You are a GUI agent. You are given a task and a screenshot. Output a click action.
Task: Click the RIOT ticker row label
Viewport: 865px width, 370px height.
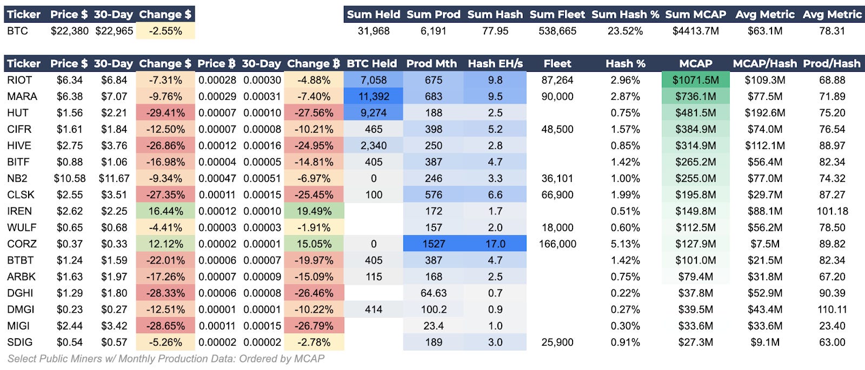click(19, 80)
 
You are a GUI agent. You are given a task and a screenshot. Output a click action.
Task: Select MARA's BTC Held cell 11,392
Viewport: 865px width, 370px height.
click(373, 97)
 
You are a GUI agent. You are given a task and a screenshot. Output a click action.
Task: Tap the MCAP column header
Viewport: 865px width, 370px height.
click(695, 64)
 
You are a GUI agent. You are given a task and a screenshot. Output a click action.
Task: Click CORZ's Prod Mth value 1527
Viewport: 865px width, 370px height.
click(433, 244)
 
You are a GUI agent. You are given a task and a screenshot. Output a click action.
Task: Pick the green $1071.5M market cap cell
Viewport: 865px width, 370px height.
click(695, 80)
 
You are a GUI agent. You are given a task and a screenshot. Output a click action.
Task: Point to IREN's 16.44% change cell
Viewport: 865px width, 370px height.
click(165, 211)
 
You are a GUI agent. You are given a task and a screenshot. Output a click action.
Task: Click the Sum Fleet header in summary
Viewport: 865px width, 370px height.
click(557, 15)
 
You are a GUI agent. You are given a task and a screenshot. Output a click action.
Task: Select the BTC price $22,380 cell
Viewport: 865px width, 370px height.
click(69, 31)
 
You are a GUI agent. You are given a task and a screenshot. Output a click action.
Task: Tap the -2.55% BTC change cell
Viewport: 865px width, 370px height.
click(165, 31)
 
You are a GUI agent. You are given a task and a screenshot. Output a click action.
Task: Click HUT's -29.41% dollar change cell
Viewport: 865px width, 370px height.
click(165, 113)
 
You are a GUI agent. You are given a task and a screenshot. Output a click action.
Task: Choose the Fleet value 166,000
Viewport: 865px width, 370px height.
click(557, 244)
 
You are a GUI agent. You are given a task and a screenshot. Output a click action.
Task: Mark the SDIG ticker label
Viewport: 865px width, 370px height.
click(19, 342)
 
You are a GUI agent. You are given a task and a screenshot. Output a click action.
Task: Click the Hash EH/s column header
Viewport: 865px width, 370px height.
click(495, 64)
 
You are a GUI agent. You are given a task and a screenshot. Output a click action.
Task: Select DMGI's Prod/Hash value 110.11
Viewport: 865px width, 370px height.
click(831, 310)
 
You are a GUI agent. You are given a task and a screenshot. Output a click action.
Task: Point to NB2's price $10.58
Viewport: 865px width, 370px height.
click(69, 178)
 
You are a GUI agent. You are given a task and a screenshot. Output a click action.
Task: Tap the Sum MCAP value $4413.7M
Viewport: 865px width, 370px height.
click(695, 31)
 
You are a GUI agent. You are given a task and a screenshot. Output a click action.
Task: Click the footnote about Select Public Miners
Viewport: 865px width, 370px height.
click(165, 359)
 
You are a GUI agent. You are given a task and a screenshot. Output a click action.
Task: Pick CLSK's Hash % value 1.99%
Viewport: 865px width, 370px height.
click(625, 195)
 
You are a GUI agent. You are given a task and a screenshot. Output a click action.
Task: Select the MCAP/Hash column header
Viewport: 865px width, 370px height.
click(764, 64)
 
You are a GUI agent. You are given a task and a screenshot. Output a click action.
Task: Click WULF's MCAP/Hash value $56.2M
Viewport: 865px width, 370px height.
click(764, 227)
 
